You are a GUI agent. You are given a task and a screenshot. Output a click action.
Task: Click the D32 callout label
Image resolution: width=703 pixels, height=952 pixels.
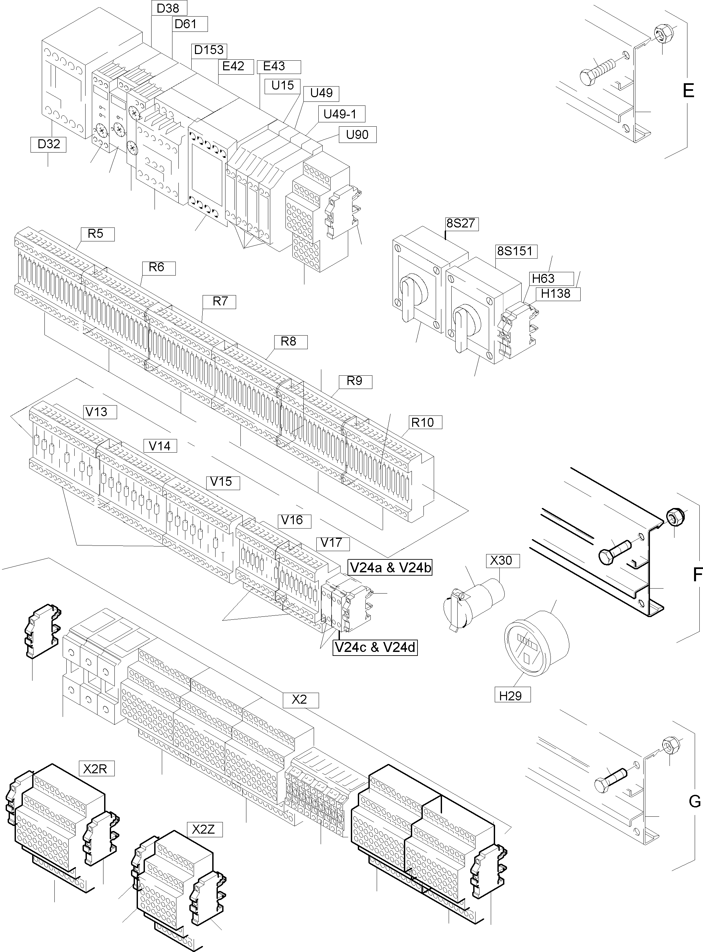click(48, 144)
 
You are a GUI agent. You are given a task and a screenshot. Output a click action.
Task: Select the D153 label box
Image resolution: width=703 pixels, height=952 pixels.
click(209, 50)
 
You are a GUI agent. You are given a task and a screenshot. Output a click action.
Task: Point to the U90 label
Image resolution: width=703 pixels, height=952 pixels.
click(357, 135)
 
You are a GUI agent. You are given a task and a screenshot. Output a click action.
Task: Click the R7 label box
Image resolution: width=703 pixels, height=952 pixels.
click(220, 302)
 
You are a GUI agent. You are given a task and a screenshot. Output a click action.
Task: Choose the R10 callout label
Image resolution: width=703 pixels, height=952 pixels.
click(422, 422)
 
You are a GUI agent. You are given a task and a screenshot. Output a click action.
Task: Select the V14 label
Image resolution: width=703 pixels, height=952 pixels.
click(160, 446)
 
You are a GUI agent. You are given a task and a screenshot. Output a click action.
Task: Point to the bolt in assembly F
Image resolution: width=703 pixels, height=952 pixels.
click(613, 552)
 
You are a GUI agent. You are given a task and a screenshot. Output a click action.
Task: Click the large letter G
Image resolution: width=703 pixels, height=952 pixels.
click(694, 802)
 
